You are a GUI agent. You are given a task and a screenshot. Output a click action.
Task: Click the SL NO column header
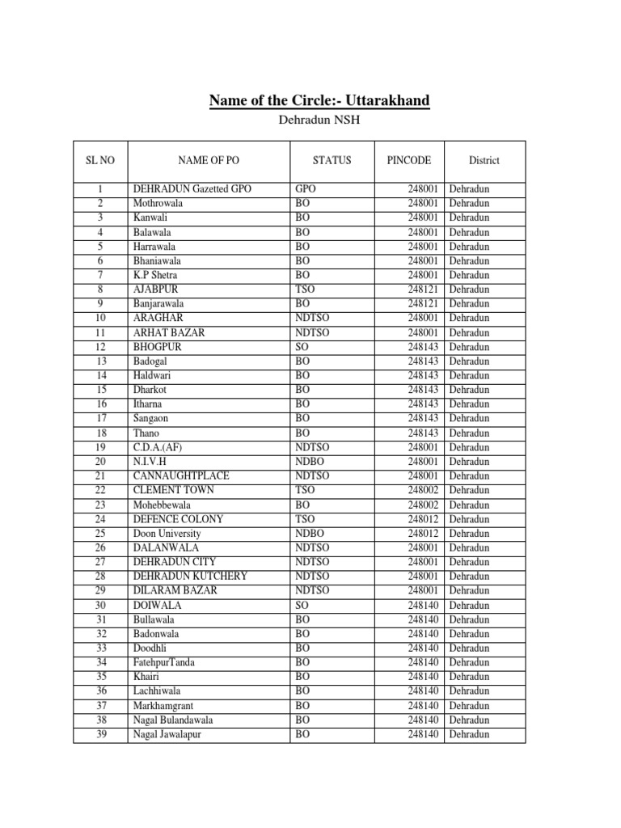[x=100, y=160]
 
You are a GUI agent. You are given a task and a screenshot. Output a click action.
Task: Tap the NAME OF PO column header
[x=209, y=160]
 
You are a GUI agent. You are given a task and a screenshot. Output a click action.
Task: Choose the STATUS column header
[x=332, y=160]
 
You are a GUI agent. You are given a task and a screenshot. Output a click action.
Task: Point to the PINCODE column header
[x=410, y=160]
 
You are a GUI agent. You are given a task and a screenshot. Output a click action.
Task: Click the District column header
[x=484, y=160]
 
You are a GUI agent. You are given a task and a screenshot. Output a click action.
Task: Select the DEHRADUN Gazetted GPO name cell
[x=192, y=189]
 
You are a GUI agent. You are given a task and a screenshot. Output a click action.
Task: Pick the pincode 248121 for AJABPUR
[x=424, y=289]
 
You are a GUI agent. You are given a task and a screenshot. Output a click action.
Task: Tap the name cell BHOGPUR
[x=158, y=347]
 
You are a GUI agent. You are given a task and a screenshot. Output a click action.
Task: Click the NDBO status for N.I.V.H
[x=310, y=462]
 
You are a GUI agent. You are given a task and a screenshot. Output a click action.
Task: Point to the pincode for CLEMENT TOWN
[x=424, y=490]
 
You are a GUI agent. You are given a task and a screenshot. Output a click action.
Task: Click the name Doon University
[x=167, y=534]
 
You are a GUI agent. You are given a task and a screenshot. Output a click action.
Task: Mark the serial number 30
[x=101, y=605]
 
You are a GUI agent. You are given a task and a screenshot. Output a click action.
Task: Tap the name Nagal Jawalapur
[x=167, y=734]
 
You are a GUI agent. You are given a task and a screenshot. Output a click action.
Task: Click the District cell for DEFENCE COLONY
[x=469, y=519]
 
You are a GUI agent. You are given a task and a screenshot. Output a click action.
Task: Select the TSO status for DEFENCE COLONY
[x=306, y=519]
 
